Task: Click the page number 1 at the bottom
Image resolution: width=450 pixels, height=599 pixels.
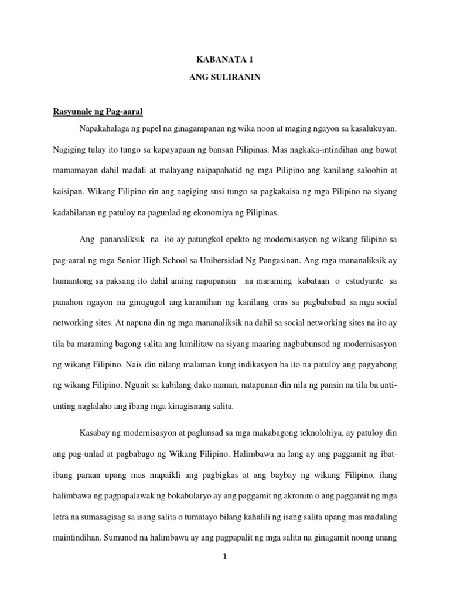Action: coord(224,556)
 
